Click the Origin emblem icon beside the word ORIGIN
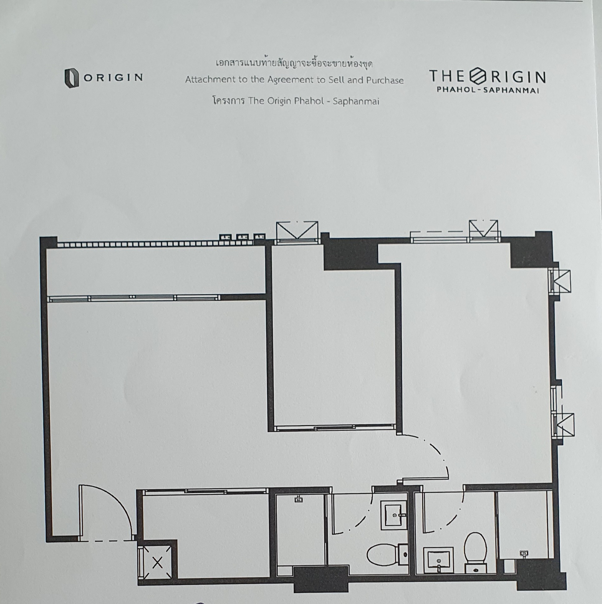[72, 78]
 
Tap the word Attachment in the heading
[210, 79]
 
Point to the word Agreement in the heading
[290, 80]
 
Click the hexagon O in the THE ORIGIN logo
[478, 77]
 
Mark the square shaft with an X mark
[157, 563]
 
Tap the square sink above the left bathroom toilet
[394, 515]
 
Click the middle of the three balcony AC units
[242, 237]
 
